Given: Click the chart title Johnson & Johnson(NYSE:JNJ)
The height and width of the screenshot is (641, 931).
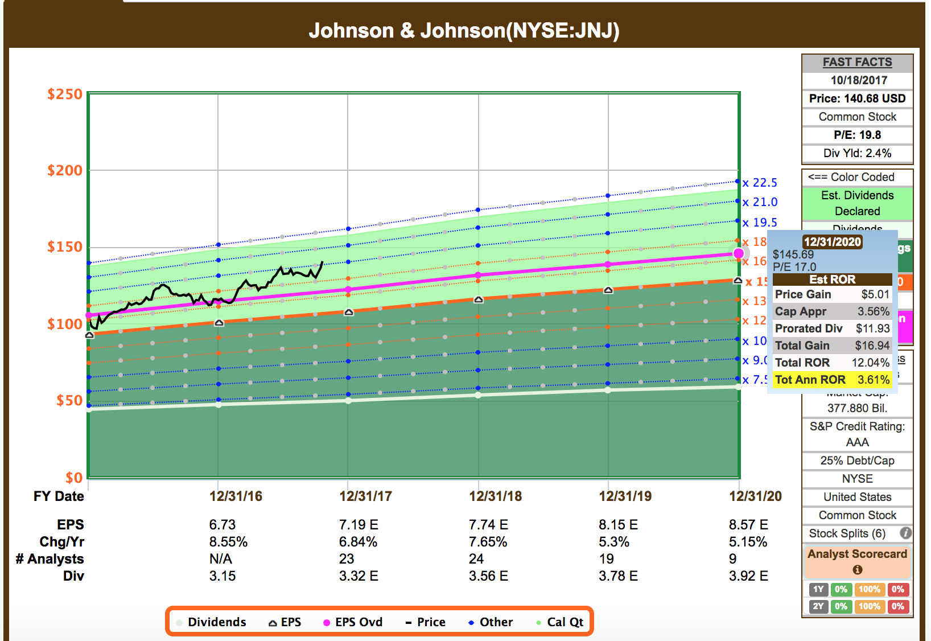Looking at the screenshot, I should click(x=464, y=30).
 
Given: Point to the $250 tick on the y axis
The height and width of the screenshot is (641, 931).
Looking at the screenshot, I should click(x=65, y=94).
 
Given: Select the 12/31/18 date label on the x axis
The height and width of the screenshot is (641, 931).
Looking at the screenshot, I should click(x=495, y=496).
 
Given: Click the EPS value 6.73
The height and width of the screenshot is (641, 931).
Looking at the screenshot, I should click(x=222, y=524).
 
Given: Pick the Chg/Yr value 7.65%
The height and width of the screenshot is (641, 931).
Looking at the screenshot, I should click(x=488, y=541).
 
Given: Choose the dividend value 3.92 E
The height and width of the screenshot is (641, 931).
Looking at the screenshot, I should click(x=748, y=576).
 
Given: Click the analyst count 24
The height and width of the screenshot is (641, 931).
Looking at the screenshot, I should click(x=476, y=558).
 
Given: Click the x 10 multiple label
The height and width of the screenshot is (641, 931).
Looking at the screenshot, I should click(x=755, y=341).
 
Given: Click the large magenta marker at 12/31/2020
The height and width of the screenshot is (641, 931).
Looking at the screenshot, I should click(x=739, y=253).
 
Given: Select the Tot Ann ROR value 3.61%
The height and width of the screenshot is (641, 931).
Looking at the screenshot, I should click(x=873, y=380).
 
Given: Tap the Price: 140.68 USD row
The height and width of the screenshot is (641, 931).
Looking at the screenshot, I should click(x=857, y=98).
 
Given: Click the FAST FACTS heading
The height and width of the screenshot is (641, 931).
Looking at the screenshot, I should click(x=857, y=62).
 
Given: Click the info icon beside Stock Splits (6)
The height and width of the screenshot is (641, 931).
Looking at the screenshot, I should click(x=905, y=533).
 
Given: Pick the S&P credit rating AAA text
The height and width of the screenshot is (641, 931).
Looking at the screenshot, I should click(x=857, y=442).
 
